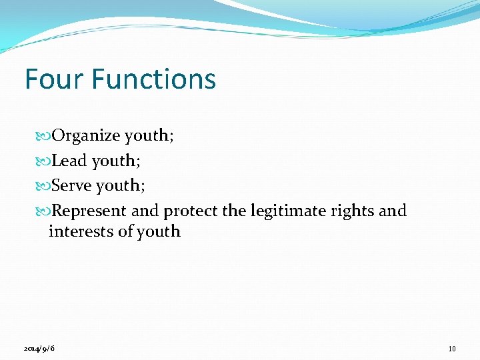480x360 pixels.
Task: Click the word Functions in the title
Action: tap(154, 79)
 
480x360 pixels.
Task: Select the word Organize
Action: tap(86, 136)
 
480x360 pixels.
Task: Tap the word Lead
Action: tap(69, 161)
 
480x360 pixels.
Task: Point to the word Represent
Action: tap(89, 211)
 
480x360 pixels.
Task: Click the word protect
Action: tap(191, 211)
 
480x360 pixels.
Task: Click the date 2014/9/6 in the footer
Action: tap(38, 349)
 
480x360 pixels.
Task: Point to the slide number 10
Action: tap(452, 349)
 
